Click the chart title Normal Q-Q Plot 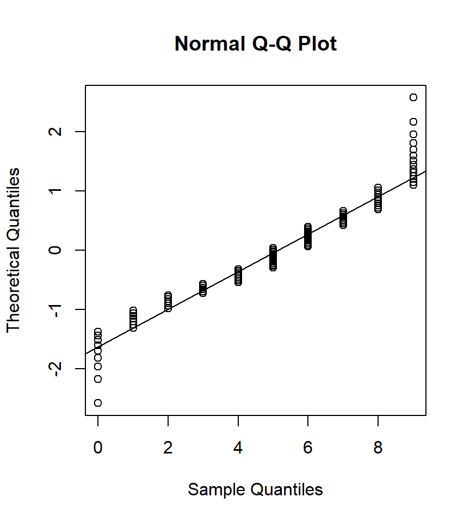(256, 43)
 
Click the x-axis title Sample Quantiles (255, 489)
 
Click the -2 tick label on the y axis (58, 368)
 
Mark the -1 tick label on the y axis (58, 309)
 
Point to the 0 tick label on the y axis (58, 250)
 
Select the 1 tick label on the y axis (58, 191)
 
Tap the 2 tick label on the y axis (58, 132)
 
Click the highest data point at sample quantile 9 (413, 97)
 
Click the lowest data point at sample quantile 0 (98, 403)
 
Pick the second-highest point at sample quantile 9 (413, 122)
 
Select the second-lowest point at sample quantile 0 (98, 379)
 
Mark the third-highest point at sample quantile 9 (413, 134)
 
